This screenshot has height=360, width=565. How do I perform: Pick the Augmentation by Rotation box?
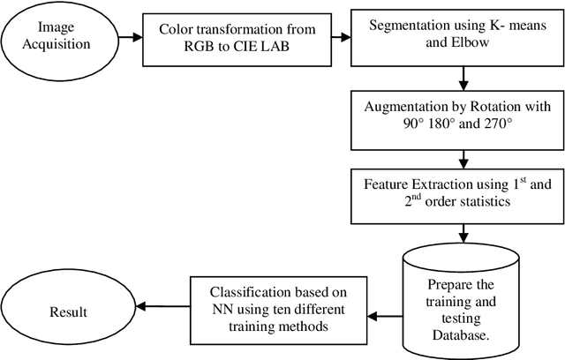coord(463,121)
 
